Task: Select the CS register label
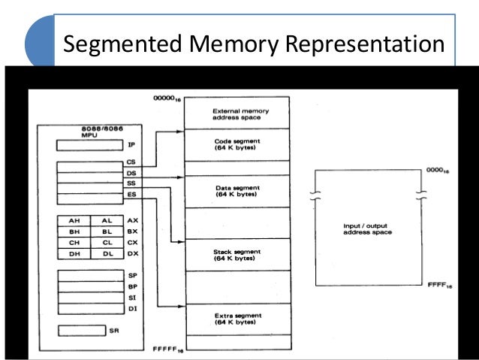coord(131,162)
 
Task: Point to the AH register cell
coord(74,221)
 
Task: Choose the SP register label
coord(132,277)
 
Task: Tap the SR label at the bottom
coord(113,330)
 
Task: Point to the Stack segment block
coord(236,254)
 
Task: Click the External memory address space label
coord(237,115)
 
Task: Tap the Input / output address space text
coord(366,228)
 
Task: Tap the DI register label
coord(132,309)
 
